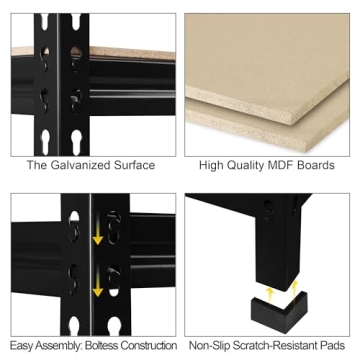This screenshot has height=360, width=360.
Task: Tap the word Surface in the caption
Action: click(x=136, y=165)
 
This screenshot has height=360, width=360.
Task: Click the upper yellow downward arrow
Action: click(x=98, y=237)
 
